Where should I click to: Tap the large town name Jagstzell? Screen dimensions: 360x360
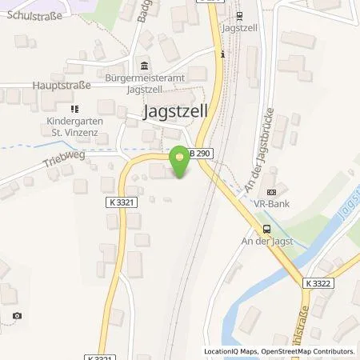(x=174, y=113)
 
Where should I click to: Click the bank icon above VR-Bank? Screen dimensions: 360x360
(x=270, y=192)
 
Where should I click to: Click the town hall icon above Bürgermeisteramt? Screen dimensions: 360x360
(x=144, y=66)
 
